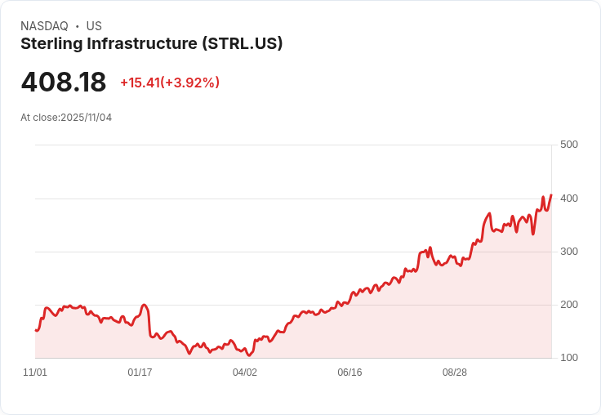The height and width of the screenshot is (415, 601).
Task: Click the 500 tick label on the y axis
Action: coord(568,145)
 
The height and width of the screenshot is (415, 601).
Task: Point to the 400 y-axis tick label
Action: coord(568,199)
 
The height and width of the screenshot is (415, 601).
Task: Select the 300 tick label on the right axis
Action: coord(568,252)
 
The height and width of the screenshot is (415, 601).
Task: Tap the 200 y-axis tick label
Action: coord(568,305)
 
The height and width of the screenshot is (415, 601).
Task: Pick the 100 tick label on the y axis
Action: coord(568,358)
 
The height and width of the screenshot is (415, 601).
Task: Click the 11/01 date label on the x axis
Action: coord(35,373)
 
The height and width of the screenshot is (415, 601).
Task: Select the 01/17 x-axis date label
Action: coord(140,373)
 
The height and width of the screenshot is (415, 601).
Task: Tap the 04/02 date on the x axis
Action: coord(245,373)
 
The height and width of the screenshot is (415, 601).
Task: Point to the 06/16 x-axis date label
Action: coord(349,373)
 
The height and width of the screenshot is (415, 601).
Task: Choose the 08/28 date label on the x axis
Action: coord(455,373)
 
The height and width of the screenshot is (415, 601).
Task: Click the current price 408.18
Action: coord(64,83)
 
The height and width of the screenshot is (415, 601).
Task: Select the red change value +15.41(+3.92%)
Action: coord(170,83)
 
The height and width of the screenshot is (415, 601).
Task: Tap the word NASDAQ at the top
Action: coord(44,26)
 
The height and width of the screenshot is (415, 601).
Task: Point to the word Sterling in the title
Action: coord(49,44)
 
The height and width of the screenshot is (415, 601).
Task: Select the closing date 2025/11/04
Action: coord(86,118)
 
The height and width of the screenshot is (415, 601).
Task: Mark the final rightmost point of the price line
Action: coord(551,195)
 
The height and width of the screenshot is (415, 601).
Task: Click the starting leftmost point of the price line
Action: coord(36,330)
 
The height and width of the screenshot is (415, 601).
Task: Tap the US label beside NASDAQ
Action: coord(94,26)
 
